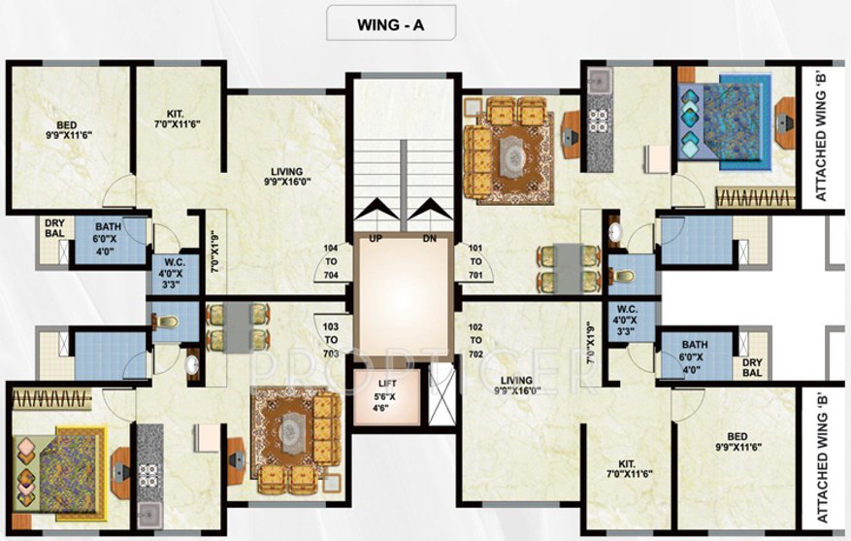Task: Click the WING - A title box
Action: coord(391,22)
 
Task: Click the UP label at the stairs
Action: coord(375,239)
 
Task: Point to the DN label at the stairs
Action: coord(430,239)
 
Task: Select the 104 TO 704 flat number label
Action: coord(331,261)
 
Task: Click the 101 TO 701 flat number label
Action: coord(475,261)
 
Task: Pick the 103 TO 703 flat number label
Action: coord(331,340)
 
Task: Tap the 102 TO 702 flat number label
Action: coord(475,341)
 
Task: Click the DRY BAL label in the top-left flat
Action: coord(54,228)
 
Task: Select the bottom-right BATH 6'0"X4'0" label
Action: coord(695,357)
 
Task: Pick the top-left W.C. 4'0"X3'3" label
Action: coord(172,273)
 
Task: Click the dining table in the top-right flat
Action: coord(569,268)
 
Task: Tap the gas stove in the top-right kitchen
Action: coord(599,121)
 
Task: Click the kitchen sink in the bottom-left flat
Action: coord(148,514)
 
